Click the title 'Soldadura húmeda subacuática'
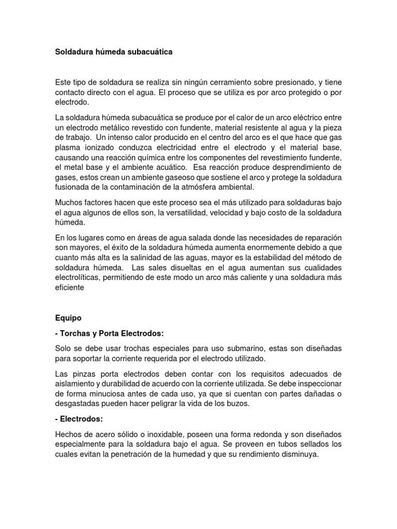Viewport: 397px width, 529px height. pos(114,52)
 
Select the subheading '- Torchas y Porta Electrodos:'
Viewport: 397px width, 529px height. pos(112,333)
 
